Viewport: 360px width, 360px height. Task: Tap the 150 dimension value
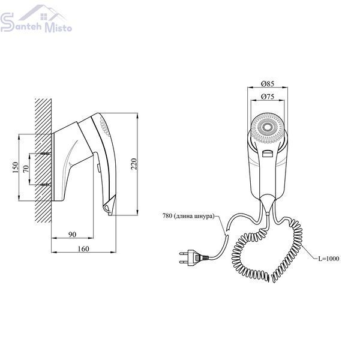[15, 167]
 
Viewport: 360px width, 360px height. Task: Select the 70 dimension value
[26, 169]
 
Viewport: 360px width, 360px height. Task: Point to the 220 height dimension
[134, 164]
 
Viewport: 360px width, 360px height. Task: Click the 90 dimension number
[73, 235]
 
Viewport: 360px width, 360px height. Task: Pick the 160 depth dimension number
[83, 248]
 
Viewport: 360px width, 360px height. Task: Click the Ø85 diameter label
[268, 83]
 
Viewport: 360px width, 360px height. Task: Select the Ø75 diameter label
[268, 97]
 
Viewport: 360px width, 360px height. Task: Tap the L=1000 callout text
[329, 259]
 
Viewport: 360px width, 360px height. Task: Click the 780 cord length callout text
[188, 216]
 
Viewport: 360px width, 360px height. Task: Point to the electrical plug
[194, 258]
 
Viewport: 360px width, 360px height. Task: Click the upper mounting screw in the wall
[45, 154]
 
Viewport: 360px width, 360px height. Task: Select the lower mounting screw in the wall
[45, 184]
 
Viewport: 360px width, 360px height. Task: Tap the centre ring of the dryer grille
[268, 127]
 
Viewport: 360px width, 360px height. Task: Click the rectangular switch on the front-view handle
[267, 153]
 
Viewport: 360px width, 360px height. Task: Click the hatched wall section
[43, 161]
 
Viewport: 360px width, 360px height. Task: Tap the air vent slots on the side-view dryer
[104, 127]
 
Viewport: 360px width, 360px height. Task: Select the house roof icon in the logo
[43, 13]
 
